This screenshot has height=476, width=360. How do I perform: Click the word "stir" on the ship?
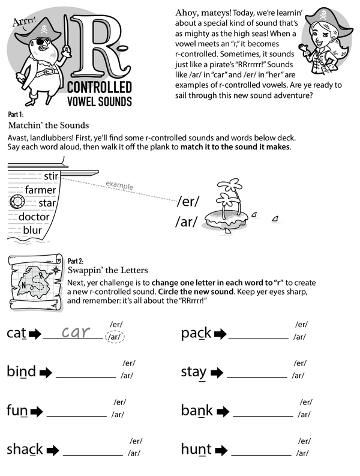[x=51, y=176]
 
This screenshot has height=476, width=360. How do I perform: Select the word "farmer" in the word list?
[x=40, y=190]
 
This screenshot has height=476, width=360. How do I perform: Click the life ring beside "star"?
[x=16, y=203]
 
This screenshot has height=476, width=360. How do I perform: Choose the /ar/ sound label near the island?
[x=186, y=222]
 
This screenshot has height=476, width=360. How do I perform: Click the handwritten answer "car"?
[x=80, y=332]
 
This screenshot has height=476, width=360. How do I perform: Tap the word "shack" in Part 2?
[x=25, y=449]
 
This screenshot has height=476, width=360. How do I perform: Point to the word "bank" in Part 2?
[x=197, y=411]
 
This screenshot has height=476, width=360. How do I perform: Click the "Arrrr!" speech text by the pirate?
[x=25, y=23]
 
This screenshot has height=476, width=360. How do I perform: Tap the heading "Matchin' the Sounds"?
[x=49, y=125]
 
